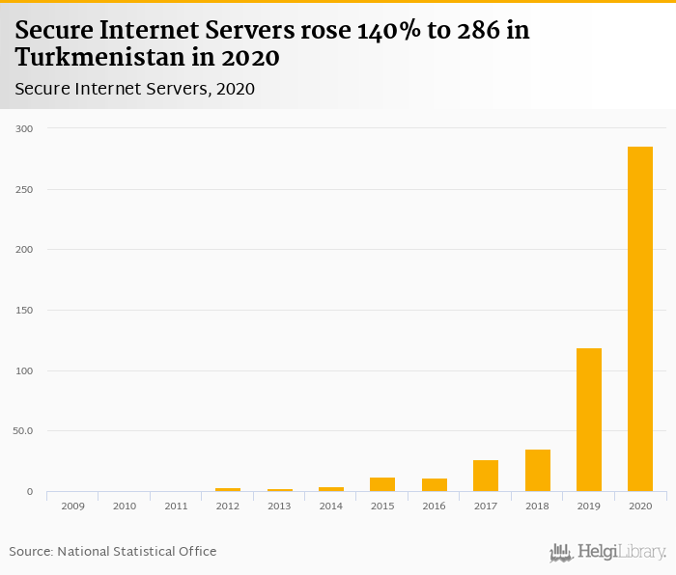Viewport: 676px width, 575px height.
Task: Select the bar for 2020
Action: tap(640, 319)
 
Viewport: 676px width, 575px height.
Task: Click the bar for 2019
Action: tap(589, 420)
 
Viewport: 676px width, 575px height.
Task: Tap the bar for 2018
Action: tap(538, 471)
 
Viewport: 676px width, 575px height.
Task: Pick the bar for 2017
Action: tap(486, 476)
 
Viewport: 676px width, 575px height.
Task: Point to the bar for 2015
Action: tap(382, 484)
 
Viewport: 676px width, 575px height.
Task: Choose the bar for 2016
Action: tap(435, 485)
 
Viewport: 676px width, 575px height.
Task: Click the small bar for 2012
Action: tap(228, 489)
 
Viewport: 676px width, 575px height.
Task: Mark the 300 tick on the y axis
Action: tap(24, 129)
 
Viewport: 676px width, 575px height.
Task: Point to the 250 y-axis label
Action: tap(24, 190)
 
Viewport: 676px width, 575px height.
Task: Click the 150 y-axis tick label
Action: tap(24, 311)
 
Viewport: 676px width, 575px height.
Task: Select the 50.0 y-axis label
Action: tap(23, 431)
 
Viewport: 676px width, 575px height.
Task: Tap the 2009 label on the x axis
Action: tap(72, 506)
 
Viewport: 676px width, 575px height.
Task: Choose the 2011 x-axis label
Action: tap(176, 506)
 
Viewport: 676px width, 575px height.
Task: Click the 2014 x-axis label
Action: tap(331, 506)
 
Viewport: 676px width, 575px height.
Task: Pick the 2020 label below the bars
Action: tap(640, 506)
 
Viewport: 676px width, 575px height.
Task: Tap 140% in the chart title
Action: tap(389, 31)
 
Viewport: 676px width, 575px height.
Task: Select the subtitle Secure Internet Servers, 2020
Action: tap(134, 89)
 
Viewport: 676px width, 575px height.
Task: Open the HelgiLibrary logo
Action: tap(608, 552)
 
